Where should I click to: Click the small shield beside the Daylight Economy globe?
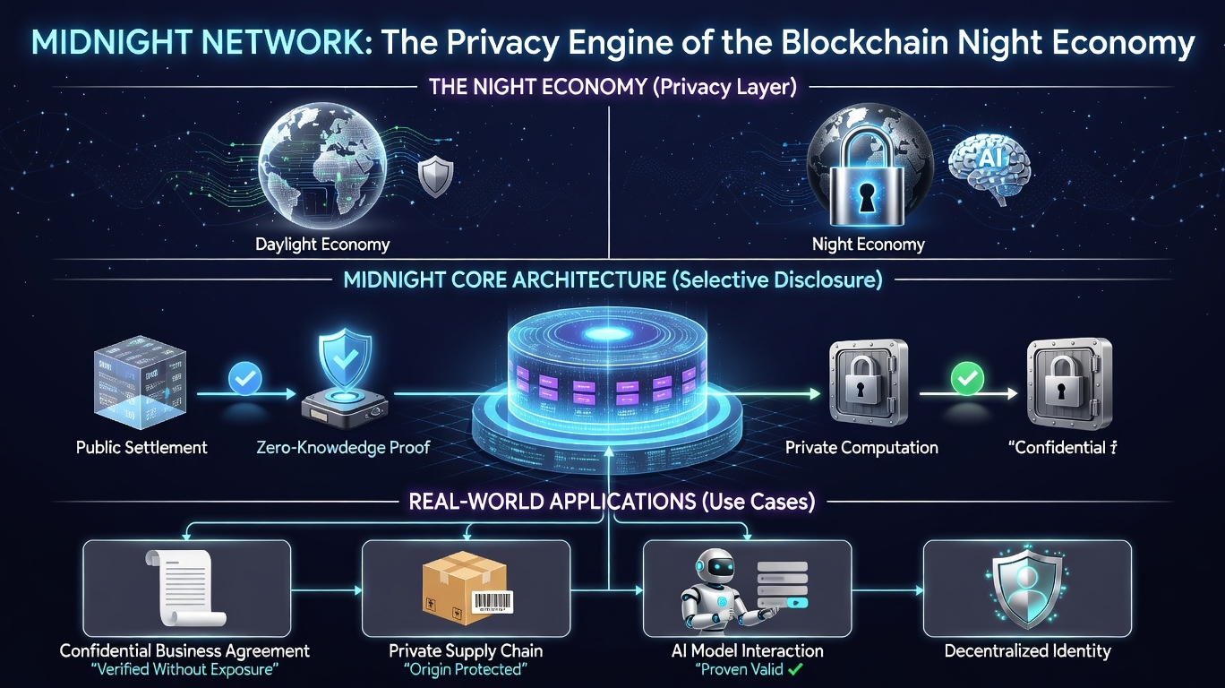(435, 176)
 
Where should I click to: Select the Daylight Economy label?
(322, 244)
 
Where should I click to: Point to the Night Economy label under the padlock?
(868, 244)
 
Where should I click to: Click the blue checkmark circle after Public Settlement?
(245, 376)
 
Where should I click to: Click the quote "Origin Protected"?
(465, 670)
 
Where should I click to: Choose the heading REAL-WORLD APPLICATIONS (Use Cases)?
(612, 502)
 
